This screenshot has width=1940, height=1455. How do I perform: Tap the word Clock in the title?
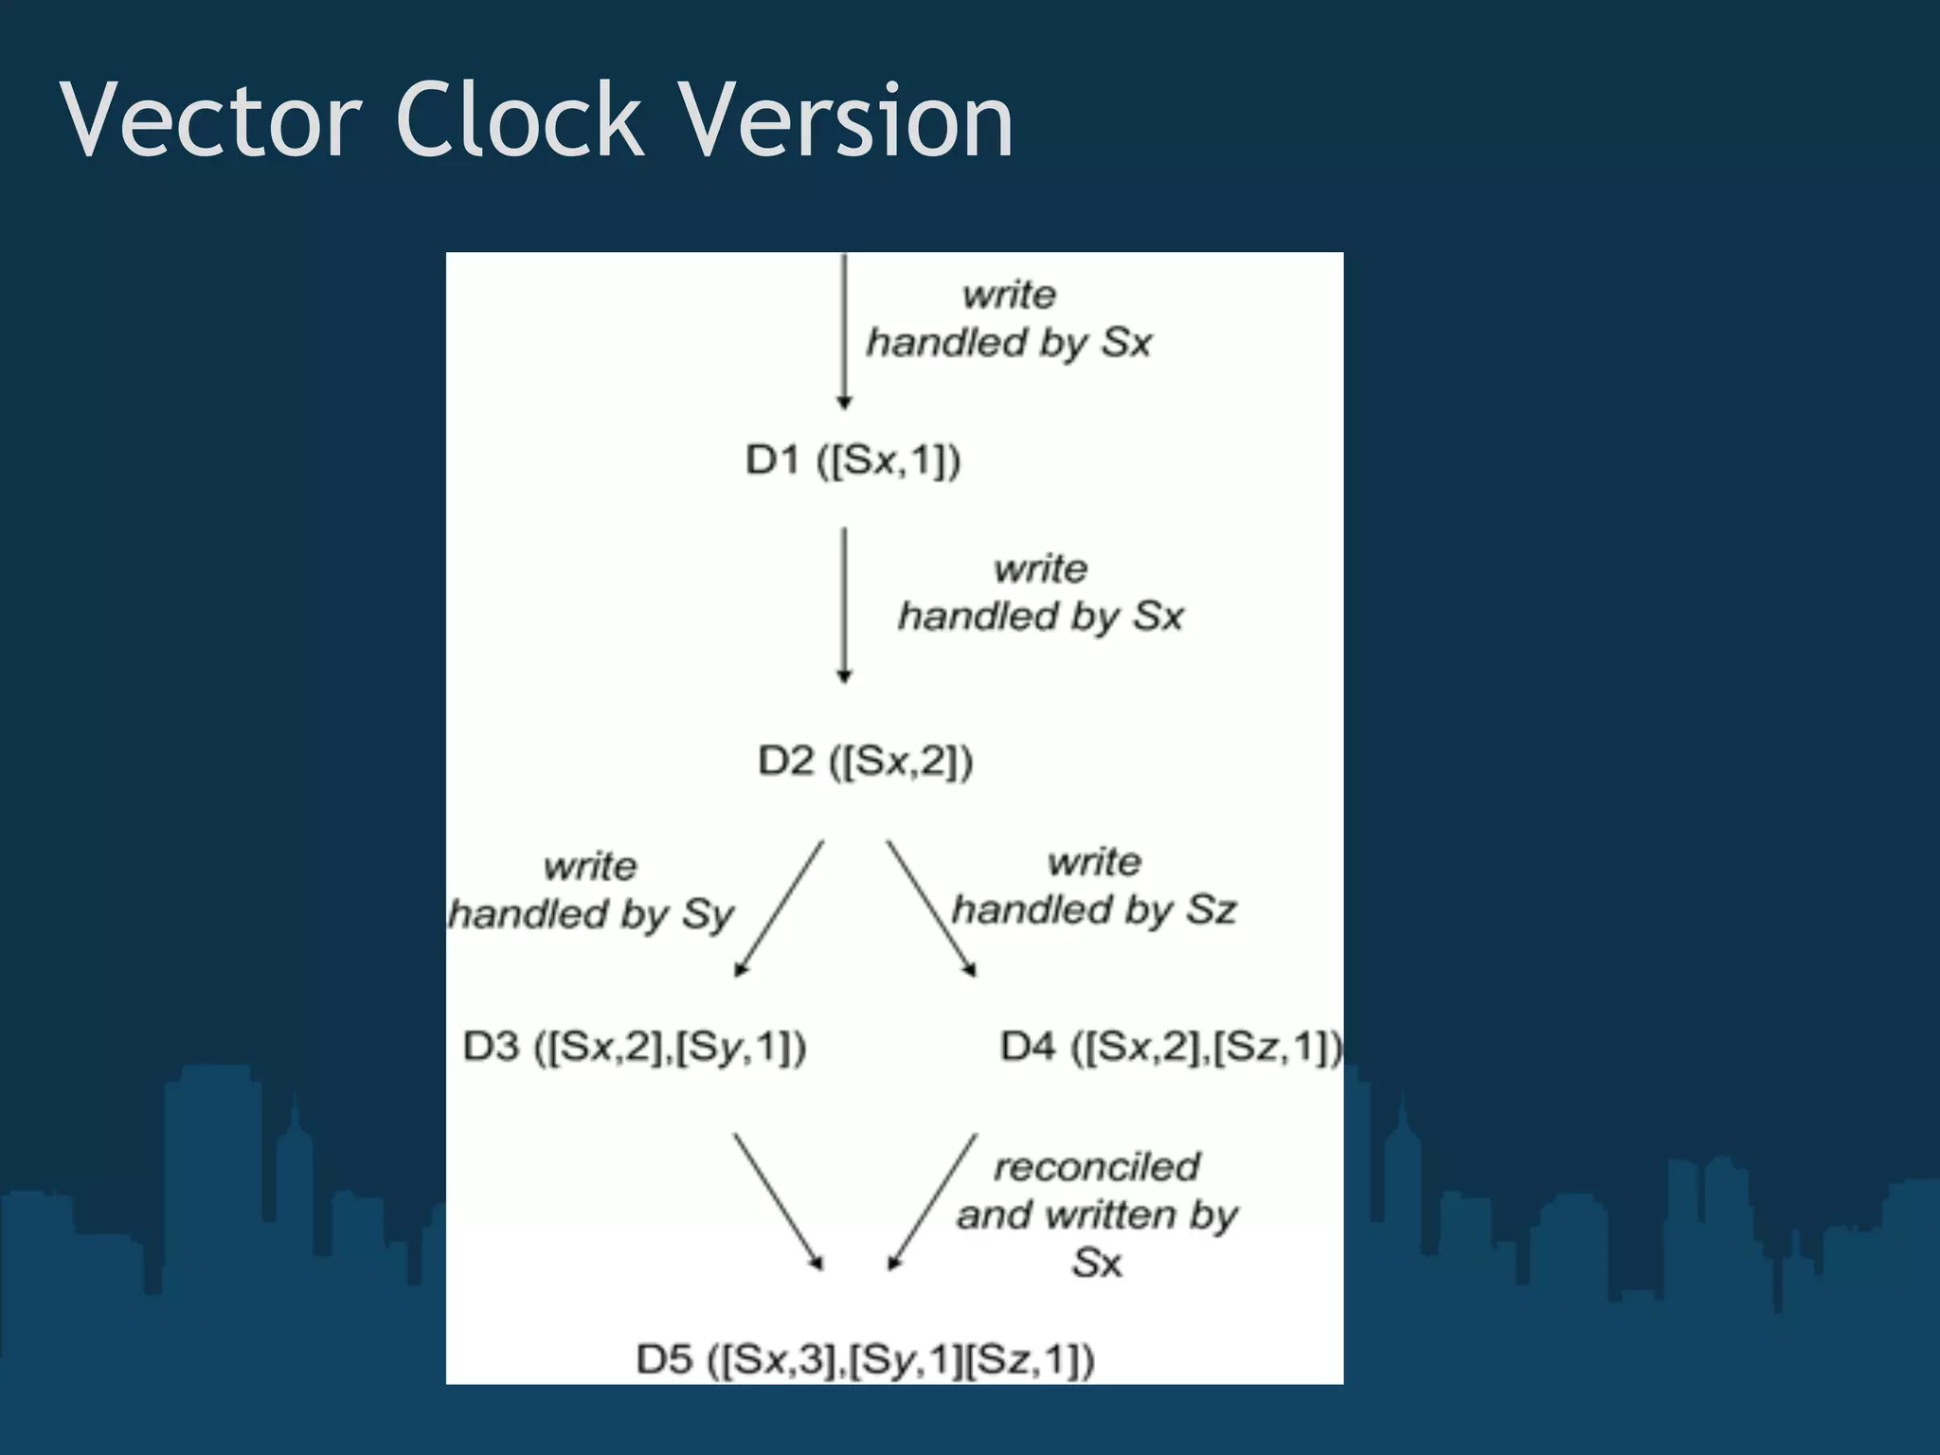[x=520, y=120]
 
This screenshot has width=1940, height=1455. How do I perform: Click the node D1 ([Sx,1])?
[x=853, y=460]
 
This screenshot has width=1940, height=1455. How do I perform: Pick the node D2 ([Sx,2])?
[x=865, y=761]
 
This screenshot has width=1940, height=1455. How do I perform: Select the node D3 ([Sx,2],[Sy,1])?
[x=635, y=1048]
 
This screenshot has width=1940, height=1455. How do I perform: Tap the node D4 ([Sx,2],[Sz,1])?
[x=1172, y=1048]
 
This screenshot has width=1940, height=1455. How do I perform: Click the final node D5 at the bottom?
[x=865, y=1360]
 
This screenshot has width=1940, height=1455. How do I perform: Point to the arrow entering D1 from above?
[x=844, y=332]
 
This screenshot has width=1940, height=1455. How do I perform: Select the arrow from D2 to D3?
[x=780, y=908]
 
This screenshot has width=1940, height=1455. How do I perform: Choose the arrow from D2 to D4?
[x=931, y=908]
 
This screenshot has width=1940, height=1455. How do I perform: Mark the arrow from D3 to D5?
[x=779, y=1201]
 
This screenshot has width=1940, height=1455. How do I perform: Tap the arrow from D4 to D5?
[x=933, y=1201]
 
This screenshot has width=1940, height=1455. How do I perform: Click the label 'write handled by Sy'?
[x=591, y=890]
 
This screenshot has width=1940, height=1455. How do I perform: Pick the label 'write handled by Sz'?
[x=1094, y=887]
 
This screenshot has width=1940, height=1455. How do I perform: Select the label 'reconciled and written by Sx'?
[x=1097, y=1214]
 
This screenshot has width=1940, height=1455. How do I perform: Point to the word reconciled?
[x=1097, y=1167]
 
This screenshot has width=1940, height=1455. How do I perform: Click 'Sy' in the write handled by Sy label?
[x=708, y=915]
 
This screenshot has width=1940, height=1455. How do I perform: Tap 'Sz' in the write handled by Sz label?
[x=1212, y=910]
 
